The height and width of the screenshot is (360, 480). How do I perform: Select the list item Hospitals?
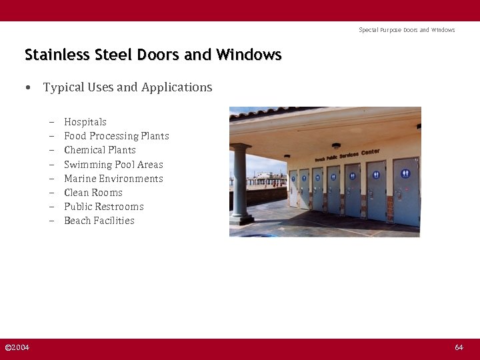tap(85, 122)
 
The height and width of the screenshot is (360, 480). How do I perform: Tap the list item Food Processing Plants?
tap(116, 136)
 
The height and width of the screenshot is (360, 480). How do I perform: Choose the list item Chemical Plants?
tap(99, 150)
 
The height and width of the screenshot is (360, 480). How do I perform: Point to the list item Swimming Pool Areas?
tap(113, 165)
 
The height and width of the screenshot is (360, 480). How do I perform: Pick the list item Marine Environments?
tap(113, 179)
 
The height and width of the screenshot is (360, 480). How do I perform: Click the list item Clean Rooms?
tap(93, 193)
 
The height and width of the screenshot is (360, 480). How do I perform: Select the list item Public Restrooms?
tap(103, 207)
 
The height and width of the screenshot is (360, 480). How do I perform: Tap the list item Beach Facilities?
tap(99, 221)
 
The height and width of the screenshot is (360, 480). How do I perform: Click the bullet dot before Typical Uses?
tap(27, 88)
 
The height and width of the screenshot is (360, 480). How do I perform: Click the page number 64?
tap(459, 347)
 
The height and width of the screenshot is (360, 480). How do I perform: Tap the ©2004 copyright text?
tap(17, 347)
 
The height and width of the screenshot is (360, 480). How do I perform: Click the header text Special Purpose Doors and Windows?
tap(407, 30)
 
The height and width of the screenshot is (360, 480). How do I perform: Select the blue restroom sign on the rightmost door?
tap(405, 174)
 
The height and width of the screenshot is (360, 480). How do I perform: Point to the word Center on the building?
tap(371, 152)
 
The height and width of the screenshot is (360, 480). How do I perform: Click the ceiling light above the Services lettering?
tap(336, 145)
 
